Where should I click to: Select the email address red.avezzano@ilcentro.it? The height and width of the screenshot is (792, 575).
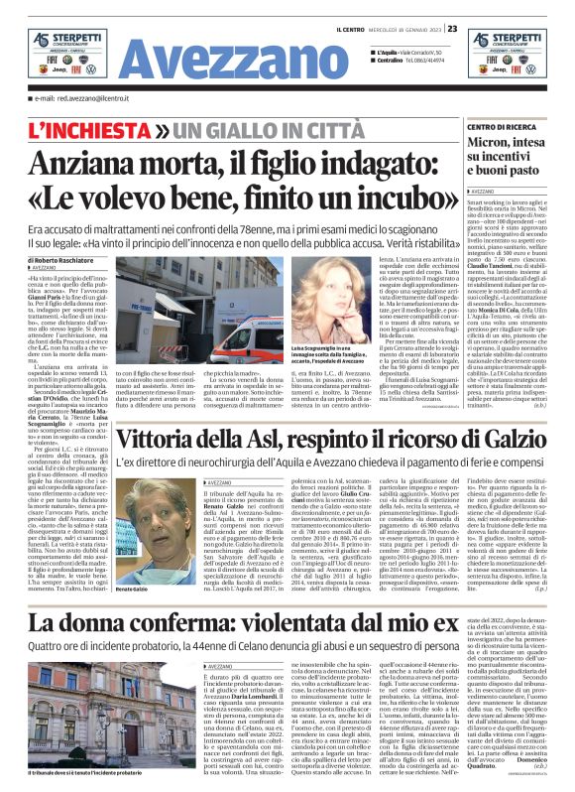coord(75,99)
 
